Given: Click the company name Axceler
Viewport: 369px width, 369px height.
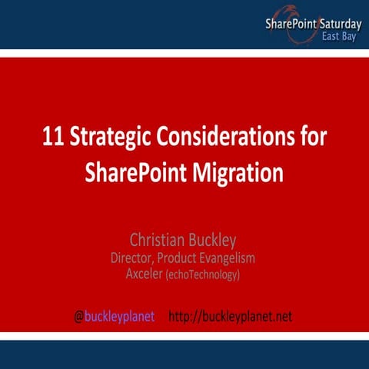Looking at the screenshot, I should [143, 273].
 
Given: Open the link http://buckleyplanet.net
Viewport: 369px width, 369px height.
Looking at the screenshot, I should [230, 316].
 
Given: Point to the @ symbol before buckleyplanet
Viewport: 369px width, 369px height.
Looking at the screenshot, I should [78, 316].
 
